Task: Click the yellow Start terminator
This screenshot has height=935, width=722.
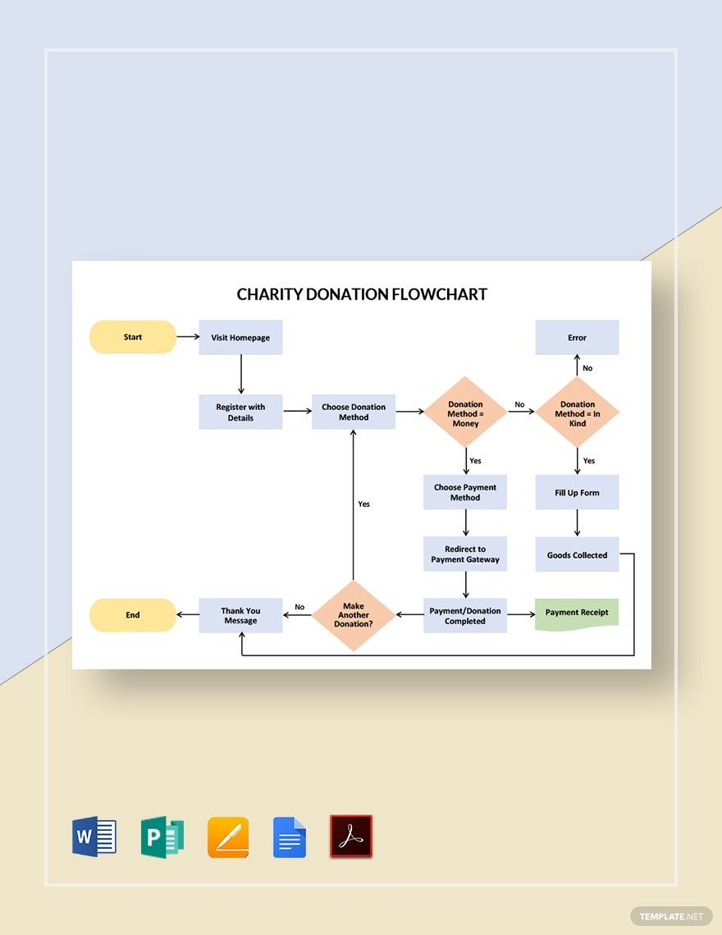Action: (133, 337)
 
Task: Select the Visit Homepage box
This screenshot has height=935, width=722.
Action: (240, 337)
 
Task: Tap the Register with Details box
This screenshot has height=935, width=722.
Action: (240, 412)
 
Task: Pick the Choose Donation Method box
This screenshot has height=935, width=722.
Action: (354, 412)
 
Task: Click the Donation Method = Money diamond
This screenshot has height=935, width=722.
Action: (465, 413)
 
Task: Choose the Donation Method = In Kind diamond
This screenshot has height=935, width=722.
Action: (578, 413)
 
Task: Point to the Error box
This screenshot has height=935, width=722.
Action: (578, 337)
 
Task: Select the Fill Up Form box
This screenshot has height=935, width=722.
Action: (578, 492)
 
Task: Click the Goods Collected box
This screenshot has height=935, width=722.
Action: (578, 555)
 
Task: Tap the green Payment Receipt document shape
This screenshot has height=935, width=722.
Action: (578, 613)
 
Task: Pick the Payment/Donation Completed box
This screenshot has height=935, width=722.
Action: (465, 616)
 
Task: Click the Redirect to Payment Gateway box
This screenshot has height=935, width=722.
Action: (465, 554)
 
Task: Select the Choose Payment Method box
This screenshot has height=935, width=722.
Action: (465, 492)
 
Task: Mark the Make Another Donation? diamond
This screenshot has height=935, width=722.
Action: (353, 615)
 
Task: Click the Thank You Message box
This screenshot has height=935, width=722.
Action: (240, 615)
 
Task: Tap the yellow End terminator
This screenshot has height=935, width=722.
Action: (133, 615)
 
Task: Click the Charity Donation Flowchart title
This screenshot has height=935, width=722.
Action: (362, 294)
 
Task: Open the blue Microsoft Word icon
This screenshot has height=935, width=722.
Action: (94, 837)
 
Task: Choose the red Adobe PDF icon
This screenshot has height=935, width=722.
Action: (351, 837)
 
